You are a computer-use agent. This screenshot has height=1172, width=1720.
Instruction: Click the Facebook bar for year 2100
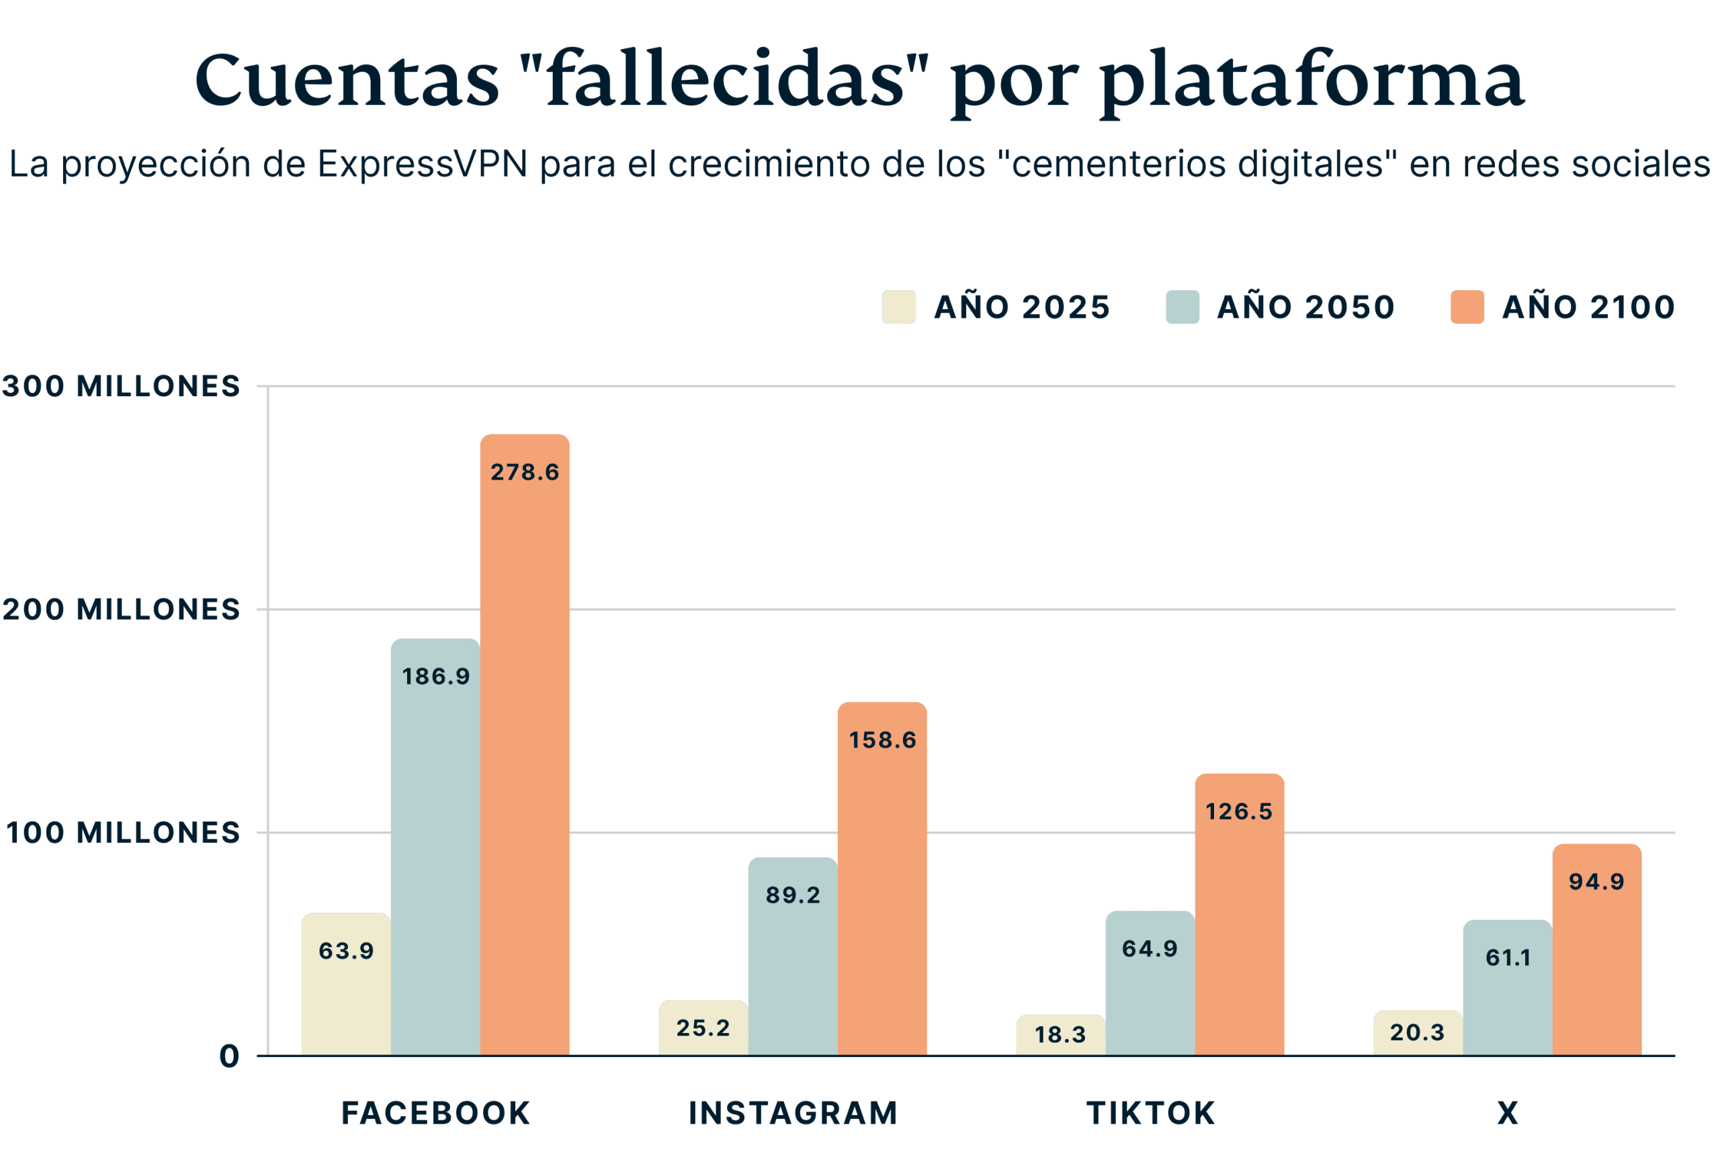(x=524, y=740)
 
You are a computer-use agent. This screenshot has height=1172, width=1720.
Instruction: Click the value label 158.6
(x=882, y=740)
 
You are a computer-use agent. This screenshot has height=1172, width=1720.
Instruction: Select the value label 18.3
(x=1060, y=1034)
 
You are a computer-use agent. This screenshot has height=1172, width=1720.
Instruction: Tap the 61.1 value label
(x=1508, y=958)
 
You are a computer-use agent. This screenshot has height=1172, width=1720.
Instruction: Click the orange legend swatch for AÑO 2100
(x=1467, y=307)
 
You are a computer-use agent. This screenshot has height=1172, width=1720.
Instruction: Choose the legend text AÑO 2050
(x=1305, y=307)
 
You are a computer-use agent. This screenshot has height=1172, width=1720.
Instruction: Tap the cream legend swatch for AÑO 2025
(x=898, y=307)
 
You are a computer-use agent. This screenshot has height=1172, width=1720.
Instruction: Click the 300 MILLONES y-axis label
(x=122, y=386)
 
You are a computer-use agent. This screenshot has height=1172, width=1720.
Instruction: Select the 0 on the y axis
(x=229, y=1056)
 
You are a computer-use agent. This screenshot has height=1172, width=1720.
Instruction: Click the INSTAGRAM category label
(x=793, y=1114)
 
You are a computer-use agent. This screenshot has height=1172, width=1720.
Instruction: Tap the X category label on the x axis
(x=1508, y=1114)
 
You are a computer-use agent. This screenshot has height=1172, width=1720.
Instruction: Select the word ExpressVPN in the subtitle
(x=423, y=165)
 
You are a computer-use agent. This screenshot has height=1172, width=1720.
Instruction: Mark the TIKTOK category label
(x=1150, y=1114)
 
